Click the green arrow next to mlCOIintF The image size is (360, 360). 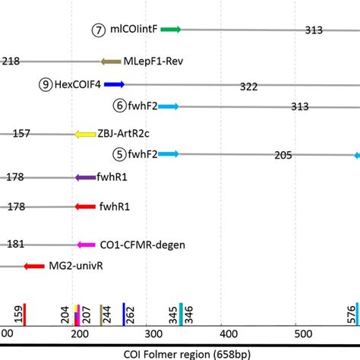coord(169,30)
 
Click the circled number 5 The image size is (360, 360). coord(118,155)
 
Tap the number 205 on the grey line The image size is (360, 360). coord(283,156)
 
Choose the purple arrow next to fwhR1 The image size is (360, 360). coord(85,177)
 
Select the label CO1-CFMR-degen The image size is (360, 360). coord(143,245)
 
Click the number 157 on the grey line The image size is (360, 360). coord(21,134)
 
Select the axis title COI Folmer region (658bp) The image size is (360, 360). coord(180,352)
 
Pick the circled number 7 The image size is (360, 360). coord(98,30)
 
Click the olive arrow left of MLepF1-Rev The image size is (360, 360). coord(110,62)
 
